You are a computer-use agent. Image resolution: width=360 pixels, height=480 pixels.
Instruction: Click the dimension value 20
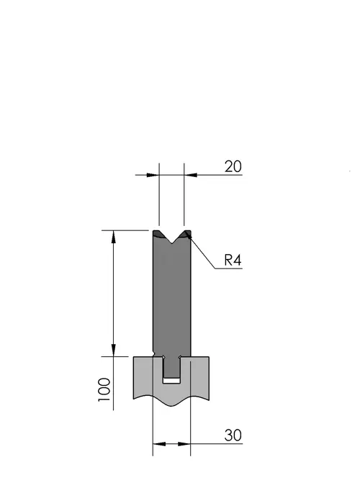(233, 166)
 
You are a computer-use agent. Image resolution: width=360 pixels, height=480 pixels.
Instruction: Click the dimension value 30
(233, 435)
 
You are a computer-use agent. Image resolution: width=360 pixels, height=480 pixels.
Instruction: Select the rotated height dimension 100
(104, 390)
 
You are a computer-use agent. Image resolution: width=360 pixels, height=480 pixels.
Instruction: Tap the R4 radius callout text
(233, 261)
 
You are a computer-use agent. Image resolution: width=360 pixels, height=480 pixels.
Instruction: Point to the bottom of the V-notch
(172, 243)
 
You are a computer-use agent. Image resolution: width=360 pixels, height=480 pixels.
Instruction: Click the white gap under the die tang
(171, 381)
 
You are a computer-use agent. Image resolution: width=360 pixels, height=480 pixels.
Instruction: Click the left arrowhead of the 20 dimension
(153, 175)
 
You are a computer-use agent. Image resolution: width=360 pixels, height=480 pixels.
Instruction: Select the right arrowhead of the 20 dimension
(190, 175)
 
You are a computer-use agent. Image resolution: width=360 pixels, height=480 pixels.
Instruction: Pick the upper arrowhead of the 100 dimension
(114, 236)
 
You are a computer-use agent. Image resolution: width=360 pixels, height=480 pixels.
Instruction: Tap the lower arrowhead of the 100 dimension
(114, 350)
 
